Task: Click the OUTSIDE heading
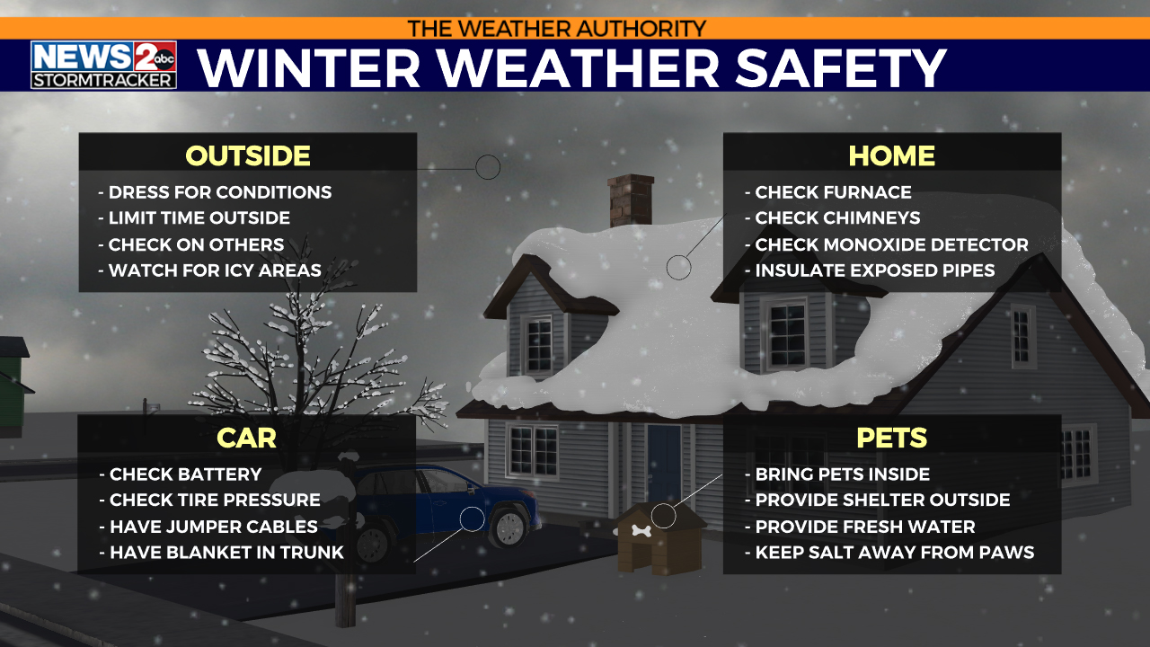248,155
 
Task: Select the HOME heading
891,155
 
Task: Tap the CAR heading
246,438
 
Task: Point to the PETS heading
891,438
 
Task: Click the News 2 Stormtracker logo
103,65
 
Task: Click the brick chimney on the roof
630,199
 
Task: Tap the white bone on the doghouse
641,530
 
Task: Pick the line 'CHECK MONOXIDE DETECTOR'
891,244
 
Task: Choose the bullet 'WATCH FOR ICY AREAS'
215,270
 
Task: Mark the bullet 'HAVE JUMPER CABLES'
213,527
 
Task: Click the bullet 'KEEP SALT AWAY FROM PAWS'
894,553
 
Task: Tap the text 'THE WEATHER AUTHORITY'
557,28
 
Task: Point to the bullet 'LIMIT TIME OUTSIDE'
199,218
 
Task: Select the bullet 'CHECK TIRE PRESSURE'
215,500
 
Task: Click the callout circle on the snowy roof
678,266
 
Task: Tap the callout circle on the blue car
472,518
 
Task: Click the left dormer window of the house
539,342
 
